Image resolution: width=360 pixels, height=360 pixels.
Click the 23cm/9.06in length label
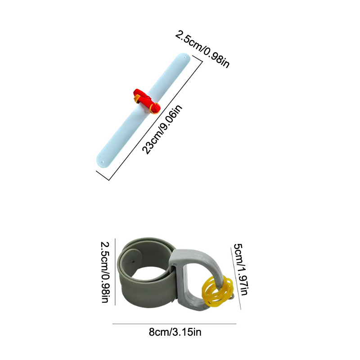click(x=162, y=129)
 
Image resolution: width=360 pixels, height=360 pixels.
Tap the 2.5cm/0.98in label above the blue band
click(x=202, y=49)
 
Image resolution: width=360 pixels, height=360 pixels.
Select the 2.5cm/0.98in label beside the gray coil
click(x=105, y=272)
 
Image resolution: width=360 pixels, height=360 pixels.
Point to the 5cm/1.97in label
click(x=241, y=269)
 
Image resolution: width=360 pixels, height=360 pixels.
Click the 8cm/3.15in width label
click(x=175, y=332)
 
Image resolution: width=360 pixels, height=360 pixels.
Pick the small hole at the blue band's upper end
click(x=185, y=57)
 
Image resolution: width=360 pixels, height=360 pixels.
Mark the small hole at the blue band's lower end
click(x=103, y=162)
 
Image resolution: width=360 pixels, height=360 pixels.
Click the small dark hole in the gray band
click(x=133, y=261)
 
